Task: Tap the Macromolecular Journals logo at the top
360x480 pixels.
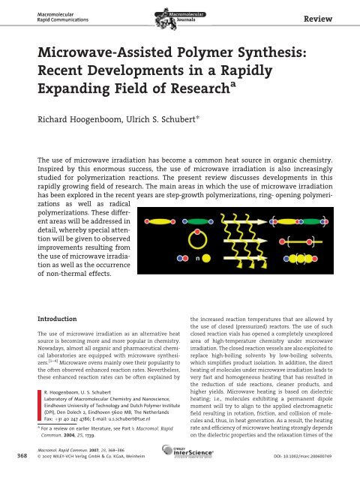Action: click(x=181, y=13)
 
